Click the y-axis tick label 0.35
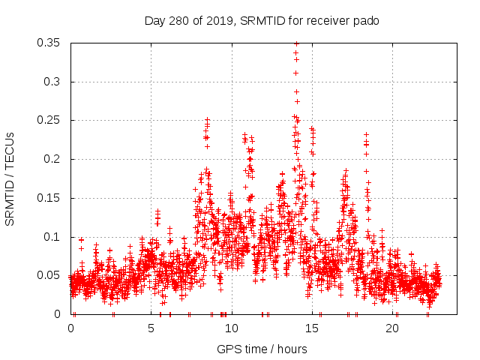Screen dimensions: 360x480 [49, 43]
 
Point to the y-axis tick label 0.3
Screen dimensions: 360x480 [52, 82]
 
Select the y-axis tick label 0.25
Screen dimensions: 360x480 [49, 120]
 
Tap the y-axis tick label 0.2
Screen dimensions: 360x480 [52, 159]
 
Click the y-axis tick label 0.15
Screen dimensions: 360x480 [49, 198]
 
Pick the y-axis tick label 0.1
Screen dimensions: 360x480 [52, 237]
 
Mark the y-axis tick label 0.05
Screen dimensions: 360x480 [49, 275]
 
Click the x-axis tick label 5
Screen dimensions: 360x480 [151, 328]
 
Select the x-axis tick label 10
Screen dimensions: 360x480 [232, 328]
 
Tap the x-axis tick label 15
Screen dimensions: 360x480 [312, 328]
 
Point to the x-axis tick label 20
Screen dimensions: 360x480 [392, 328]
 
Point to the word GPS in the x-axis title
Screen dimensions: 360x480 [229, 349]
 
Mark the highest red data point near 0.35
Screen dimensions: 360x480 [296, 43]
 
